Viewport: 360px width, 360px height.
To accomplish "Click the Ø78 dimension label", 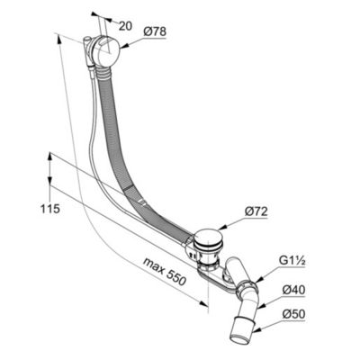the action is [x=155, y=31].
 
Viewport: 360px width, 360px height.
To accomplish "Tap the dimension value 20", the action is [x=125, y=26].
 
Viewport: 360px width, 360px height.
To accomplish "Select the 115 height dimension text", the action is [x=50, y=209].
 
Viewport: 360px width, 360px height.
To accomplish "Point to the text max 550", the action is [x=165, y=272].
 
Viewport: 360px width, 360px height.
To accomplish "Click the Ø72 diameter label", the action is [x=256, y=212].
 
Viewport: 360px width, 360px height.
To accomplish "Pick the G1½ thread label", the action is [x=292, y=261].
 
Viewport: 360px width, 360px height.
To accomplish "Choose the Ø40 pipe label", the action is [x=294, y=290].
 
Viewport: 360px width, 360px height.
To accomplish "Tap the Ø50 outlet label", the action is [x=294, y=314].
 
